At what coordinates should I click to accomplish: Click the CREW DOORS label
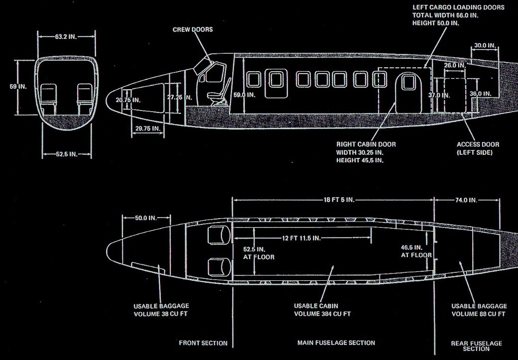pyautogui.click(x=192, y=30)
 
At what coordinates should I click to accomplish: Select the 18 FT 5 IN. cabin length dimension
pyautogui.click(x=333, y=200)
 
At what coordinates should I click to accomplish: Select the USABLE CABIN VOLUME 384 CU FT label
pyautogui.click(x=322, y=310)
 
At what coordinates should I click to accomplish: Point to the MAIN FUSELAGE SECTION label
pyautogui.click(x=336, y=343)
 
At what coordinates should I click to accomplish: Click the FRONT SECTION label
pyautogui.click(x=203, y=343)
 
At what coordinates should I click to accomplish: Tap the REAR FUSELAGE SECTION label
pyautogui.click(x=476, y=346)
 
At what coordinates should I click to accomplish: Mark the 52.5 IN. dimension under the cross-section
pyautogui.click(x=66, y=154)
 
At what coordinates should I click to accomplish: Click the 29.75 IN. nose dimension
pyautogui.click(x=147, y=128)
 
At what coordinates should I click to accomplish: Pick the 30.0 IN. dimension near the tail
pyautogui.click(x=484, y=45)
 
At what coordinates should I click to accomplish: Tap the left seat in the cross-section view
pyautogui.click(x=48, y=96)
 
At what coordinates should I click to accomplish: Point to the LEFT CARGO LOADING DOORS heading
pyautogui.click(x=459, y=8)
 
